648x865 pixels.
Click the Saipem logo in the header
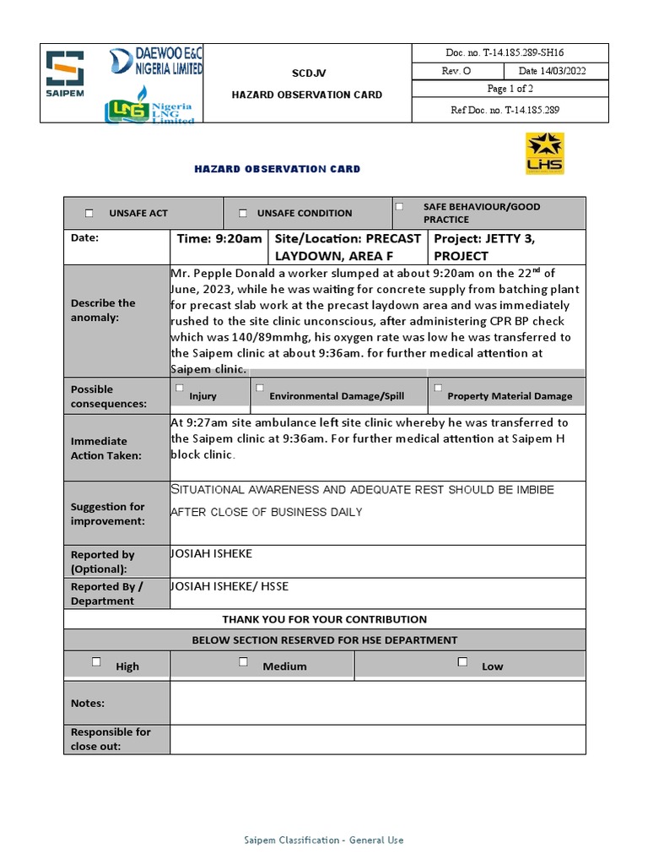[x=65, y=74]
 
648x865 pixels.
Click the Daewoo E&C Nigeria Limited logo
[x=156, y=63]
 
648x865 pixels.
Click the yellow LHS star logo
[x=544, y=154]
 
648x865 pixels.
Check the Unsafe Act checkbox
[x=89, y=214]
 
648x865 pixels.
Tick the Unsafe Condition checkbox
[x=243, y=214]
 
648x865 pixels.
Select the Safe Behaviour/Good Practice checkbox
[x=400, y=206]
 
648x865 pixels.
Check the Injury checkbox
[x=179, y=388]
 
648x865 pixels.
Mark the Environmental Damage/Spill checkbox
[x=260, y=389]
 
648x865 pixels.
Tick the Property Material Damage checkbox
[x=438, y=388]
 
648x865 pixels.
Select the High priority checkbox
[x=96, y=661]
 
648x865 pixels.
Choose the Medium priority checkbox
[x=243, y=661]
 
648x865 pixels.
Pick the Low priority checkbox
[x=462, y=661]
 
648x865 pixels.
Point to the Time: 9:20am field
[x=219, y=239]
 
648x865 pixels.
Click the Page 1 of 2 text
[x=510, y=90]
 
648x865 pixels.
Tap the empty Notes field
[x=377, y=703]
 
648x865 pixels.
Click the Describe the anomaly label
[x=104, y=310]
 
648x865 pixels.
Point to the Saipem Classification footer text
[x=324, y=840]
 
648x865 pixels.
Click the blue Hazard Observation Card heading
[x=277, y=169]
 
